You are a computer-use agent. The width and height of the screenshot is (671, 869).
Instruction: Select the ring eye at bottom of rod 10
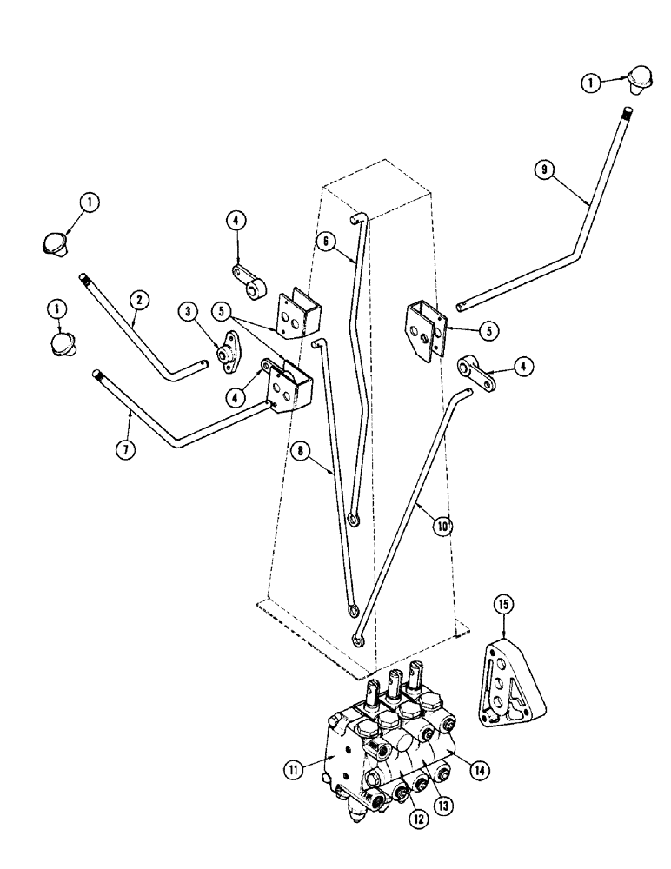pyautogui.click(x=359, y=640)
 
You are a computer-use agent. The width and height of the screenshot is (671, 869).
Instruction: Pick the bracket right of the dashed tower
pyautogui.click(x=424, y=331)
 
